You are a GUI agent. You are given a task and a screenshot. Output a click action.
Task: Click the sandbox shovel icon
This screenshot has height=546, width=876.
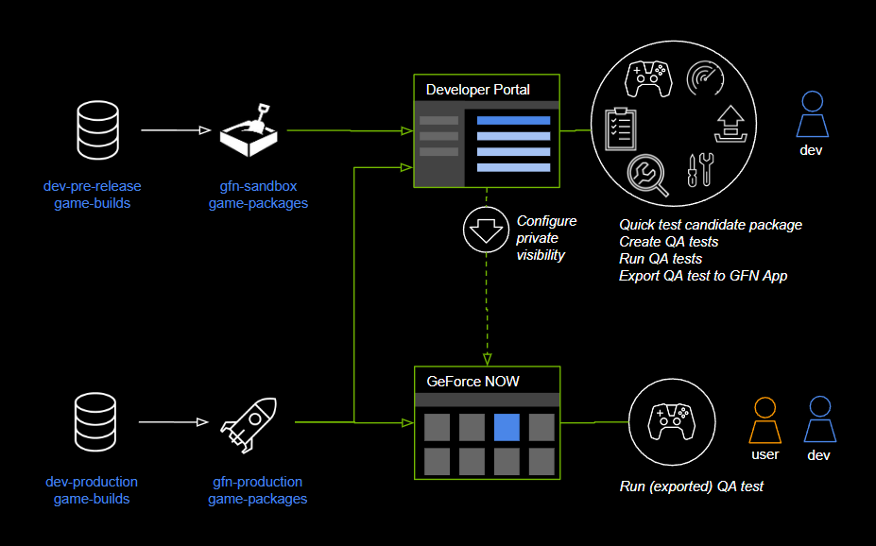(249, 131)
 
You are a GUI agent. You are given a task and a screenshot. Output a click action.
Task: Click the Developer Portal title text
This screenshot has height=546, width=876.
(478, 90)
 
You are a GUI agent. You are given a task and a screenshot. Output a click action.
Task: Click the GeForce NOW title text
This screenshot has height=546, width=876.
(472, 382)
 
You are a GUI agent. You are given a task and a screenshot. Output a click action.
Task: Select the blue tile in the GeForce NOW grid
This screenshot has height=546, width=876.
(507, 427)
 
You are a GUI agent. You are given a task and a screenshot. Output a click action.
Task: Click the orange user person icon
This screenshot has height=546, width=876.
(764, 420)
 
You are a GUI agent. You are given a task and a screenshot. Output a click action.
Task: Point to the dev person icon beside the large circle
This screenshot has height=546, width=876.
(812, 115)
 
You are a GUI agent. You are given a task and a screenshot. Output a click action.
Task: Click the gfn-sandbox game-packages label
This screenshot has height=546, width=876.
(258, 195)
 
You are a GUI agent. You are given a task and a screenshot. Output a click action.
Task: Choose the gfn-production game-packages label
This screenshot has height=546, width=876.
(257, 490)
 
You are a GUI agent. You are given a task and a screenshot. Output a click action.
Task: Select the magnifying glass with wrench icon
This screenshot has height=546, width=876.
(647, 174)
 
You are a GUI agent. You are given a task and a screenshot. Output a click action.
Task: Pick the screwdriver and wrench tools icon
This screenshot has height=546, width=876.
(698, 169)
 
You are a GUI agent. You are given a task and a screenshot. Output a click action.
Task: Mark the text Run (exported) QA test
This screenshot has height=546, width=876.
(692, 486)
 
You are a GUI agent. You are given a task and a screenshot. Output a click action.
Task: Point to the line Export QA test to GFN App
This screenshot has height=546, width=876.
(703, 276)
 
